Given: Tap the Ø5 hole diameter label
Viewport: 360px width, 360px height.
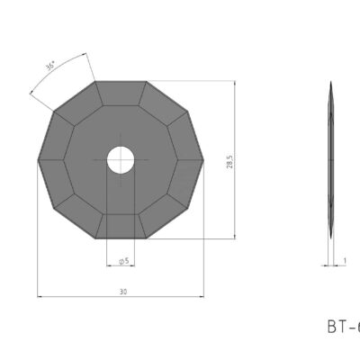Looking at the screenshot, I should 123,260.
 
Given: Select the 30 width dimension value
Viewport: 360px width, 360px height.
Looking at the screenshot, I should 121,291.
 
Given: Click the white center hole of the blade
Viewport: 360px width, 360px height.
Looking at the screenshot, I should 120,160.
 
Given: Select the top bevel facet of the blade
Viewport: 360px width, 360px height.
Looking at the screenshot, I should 120,94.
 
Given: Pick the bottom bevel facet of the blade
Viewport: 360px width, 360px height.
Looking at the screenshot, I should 120,227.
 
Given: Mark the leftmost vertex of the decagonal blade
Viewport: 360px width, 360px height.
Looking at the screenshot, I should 37,160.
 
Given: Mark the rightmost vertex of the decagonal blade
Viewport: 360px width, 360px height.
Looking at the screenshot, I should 202,160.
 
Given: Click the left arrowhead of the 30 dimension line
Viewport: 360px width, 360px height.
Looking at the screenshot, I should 40,295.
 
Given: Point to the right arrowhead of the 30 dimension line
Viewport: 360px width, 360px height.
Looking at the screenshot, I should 199,295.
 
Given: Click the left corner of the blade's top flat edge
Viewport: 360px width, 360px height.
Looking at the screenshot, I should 94,82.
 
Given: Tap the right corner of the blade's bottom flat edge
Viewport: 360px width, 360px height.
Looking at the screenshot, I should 146,238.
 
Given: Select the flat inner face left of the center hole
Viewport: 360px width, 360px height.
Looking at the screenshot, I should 81,160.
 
